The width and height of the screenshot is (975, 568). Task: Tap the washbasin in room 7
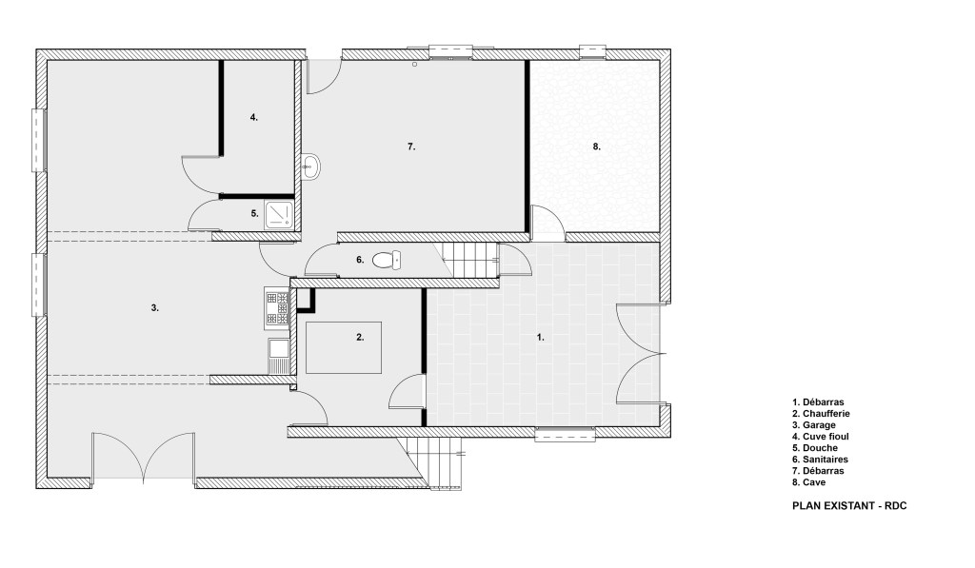(310, 167)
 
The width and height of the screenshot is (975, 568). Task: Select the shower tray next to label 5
(279, 214)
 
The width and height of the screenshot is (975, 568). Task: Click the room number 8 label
(596, 147)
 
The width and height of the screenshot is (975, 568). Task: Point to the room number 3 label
(155, 307)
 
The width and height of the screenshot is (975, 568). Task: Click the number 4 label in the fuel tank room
(253, 117)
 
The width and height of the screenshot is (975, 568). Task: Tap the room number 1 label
(541, 337)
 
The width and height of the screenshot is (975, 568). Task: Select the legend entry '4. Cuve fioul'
(820, 437)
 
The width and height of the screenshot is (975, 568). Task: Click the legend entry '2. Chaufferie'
(821, 413)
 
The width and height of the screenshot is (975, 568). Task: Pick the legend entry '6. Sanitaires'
(820, 460)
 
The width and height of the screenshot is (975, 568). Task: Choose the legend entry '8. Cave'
(809, 482)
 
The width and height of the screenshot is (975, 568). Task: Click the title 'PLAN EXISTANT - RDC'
(849, 506)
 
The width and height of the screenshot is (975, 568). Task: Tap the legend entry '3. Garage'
(814, 425)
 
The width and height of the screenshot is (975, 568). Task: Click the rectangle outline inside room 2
(343, 322)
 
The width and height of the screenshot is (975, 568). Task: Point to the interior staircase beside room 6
(470, 260)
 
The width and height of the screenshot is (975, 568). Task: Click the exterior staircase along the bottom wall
(434, 463)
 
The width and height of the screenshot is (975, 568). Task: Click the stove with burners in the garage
(277, 307)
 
